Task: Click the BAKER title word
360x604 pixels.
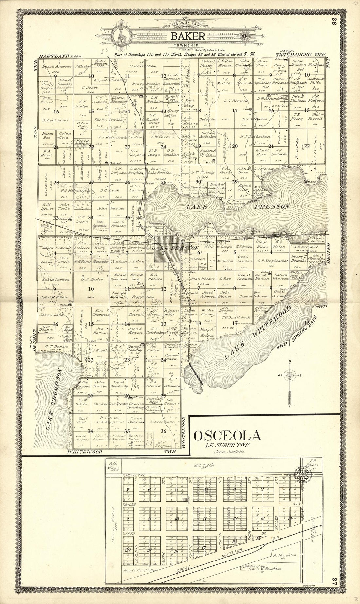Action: [x=188, y=36]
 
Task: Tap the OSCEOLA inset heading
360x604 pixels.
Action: [x=228, y=436]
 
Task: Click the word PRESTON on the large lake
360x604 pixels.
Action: [x=273, y=207]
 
